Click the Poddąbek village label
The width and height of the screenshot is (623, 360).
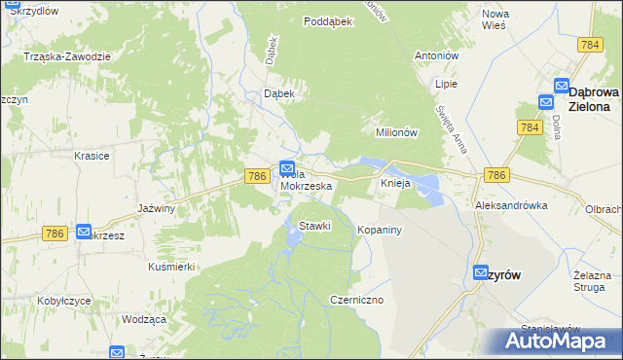[x=327, y=21]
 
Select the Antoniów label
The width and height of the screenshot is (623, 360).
[x=436, y=55]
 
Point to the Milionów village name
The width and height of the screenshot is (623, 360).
[x=396, y=132]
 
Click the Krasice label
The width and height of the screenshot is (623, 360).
[x=92, y=156]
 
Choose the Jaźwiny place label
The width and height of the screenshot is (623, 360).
[x=156, y=208]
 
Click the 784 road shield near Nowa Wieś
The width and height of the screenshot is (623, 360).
[x=589, y=46]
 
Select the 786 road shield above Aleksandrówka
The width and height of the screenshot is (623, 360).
[x=495, y=174]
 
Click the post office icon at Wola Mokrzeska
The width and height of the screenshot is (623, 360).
[x=287, y=168]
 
